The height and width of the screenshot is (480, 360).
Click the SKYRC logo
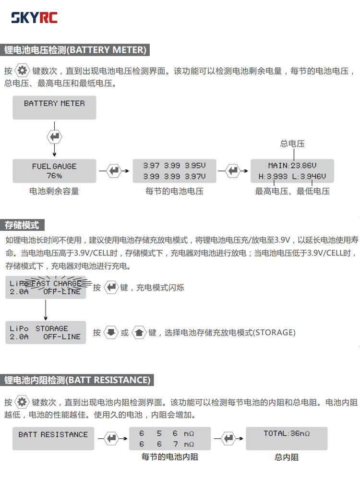(x=34, y=18)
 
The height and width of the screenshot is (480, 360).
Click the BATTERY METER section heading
(x=75, y=50)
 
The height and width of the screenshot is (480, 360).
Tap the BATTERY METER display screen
(x=54, y=107)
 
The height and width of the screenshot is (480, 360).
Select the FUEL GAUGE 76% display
(x=54, y=171)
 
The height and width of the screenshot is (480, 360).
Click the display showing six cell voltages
(x=174, y=171)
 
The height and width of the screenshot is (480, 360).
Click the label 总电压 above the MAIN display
(x=292, y=144)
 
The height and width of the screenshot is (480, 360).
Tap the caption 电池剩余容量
(x=54, y=191)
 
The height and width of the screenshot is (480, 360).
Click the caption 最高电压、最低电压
(x=292, y=191)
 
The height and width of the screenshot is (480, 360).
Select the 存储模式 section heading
(x=22, y=225)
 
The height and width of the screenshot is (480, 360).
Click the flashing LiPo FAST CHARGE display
(x=46, y=288)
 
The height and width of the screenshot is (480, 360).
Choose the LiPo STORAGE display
(x=46, y=333)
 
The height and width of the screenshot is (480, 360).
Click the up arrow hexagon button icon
(x=139, y=332)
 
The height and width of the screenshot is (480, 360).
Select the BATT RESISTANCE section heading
(x=77, y=380)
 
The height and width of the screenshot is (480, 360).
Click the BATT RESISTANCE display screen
(x=53, y=438)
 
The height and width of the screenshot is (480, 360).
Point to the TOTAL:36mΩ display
(x=287, y=438)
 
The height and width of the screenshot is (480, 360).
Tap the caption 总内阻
(x=287, y=457)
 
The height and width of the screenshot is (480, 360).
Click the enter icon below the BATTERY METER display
(x=55, y=137)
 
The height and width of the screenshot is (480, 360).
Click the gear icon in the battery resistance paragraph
(x=22, y=402)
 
